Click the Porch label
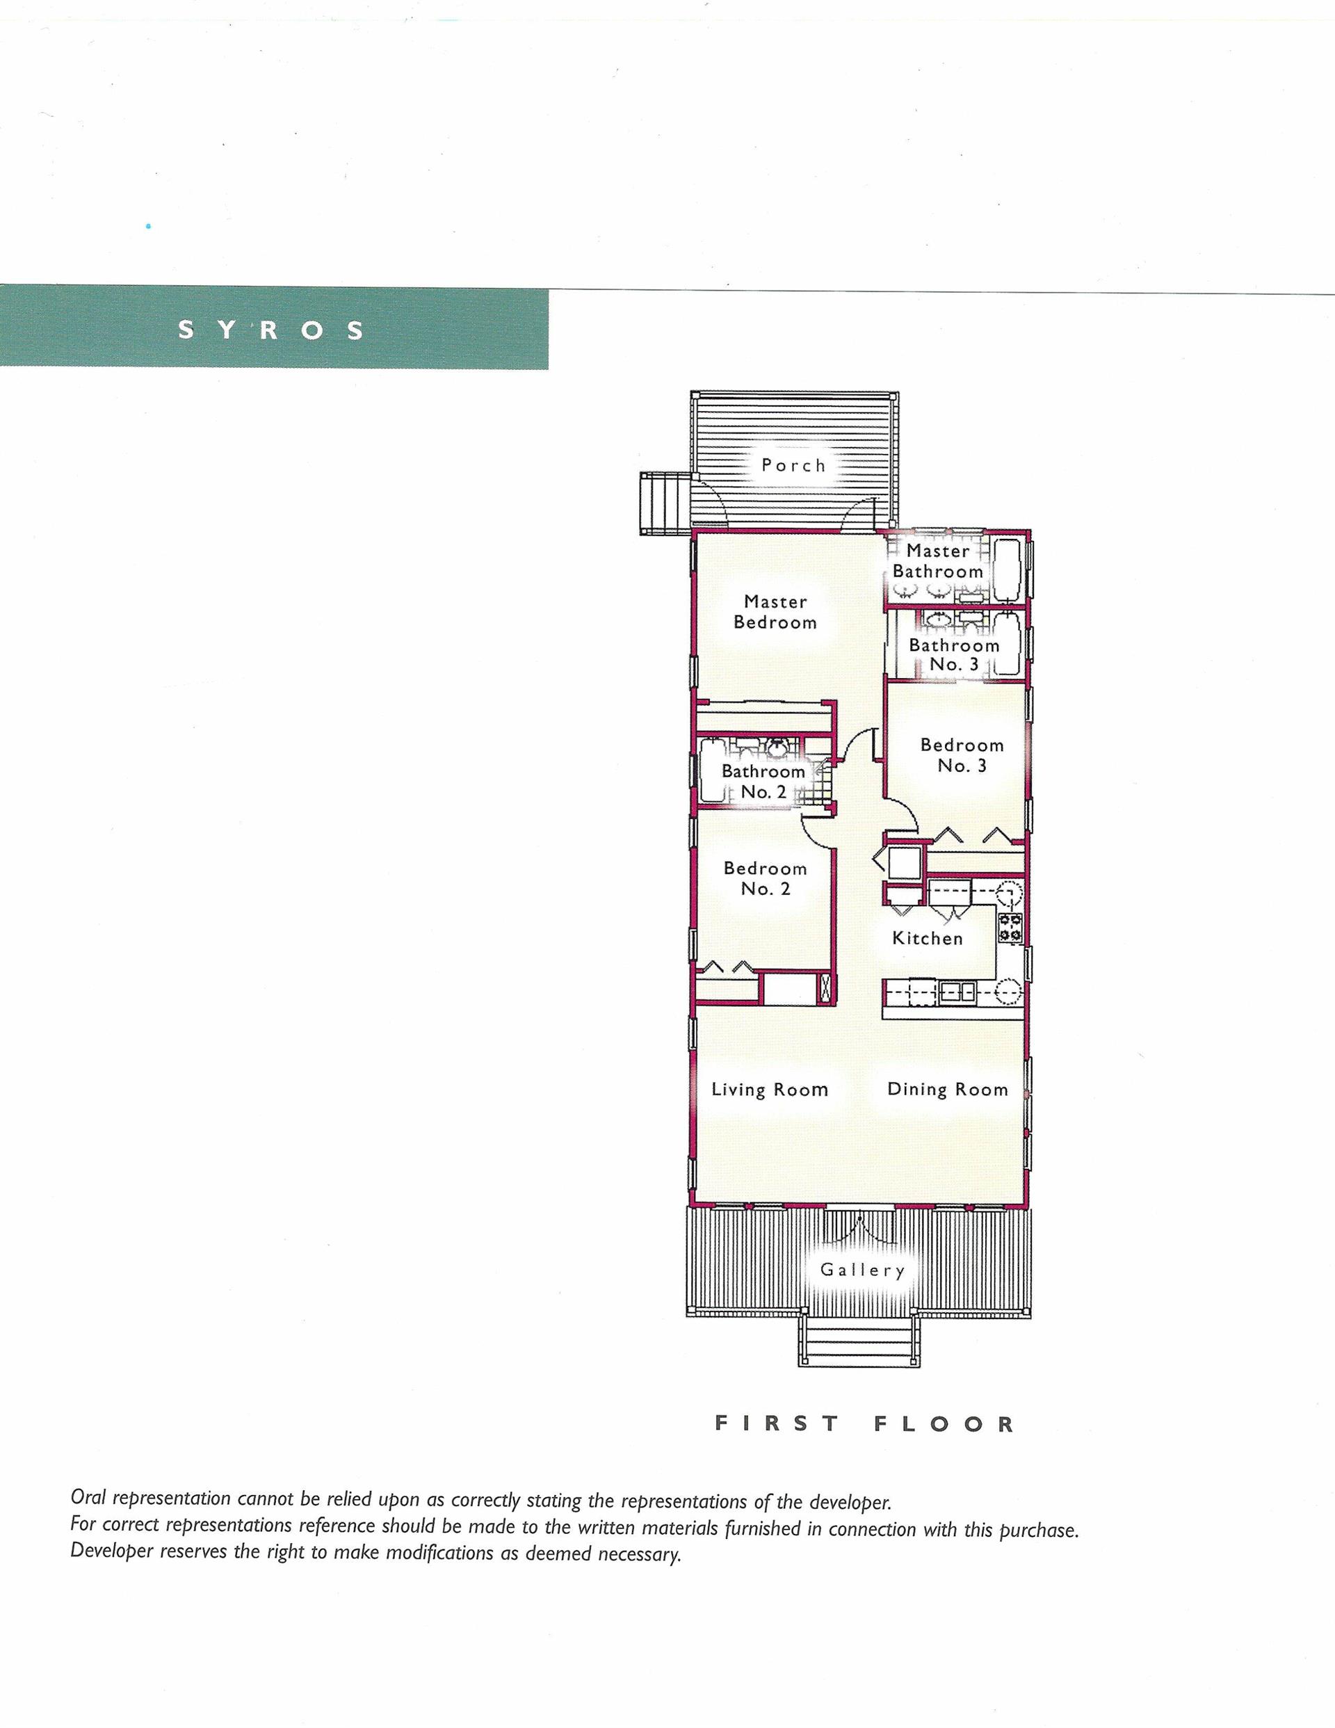[x=794, y=465]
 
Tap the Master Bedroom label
[x=775, y=613]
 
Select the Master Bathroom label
[x=938, y=561]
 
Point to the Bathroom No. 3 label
[x=955, y=655]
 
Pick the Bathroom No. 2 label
[x=763, y=782]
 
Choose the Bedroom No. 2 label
[x=766, y=878]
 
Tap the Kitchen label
[x=928, y=938]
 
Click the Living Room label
[x=770, y=1090]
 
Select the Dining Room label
[x=948, y=1090]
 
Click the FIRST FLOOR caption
[x=864, y=1424]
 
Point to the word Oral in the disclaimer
[x=90, y=1498]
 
